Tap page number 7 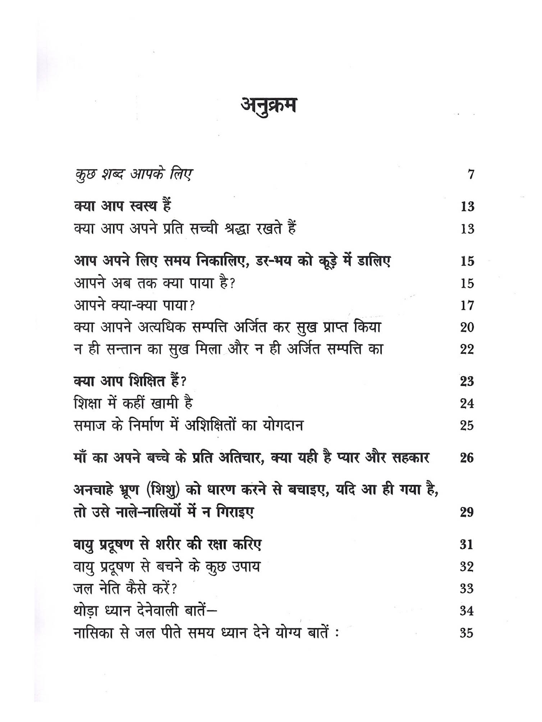click(x=471, y=175)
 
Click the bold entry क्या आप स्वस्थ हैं click(x=122, y=206)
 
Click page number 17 click(x=467, y=306)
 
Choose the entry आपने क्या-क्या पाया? click(x=134, y=306)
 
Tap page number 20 click(x=467, y=327)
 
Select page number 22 click(x=467, y=349)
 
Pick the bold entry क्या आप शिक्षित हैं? click(x=130, y=381)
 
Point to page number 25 click(x=467, y=425)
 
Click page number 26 click(x=467, y=458)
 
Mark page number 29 click(x=467, y=512)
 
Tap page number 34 click(x=467, y=611)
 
